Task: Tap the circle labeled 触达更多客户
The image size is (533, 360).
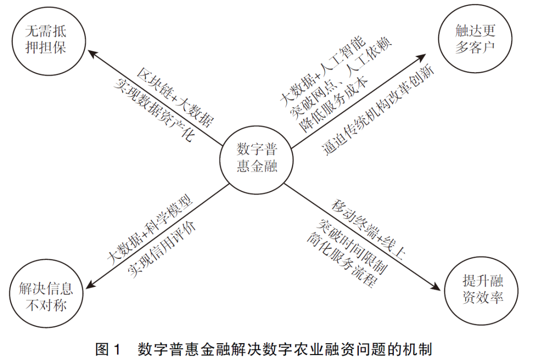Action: pyautogui.click(x=475, y=40)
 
